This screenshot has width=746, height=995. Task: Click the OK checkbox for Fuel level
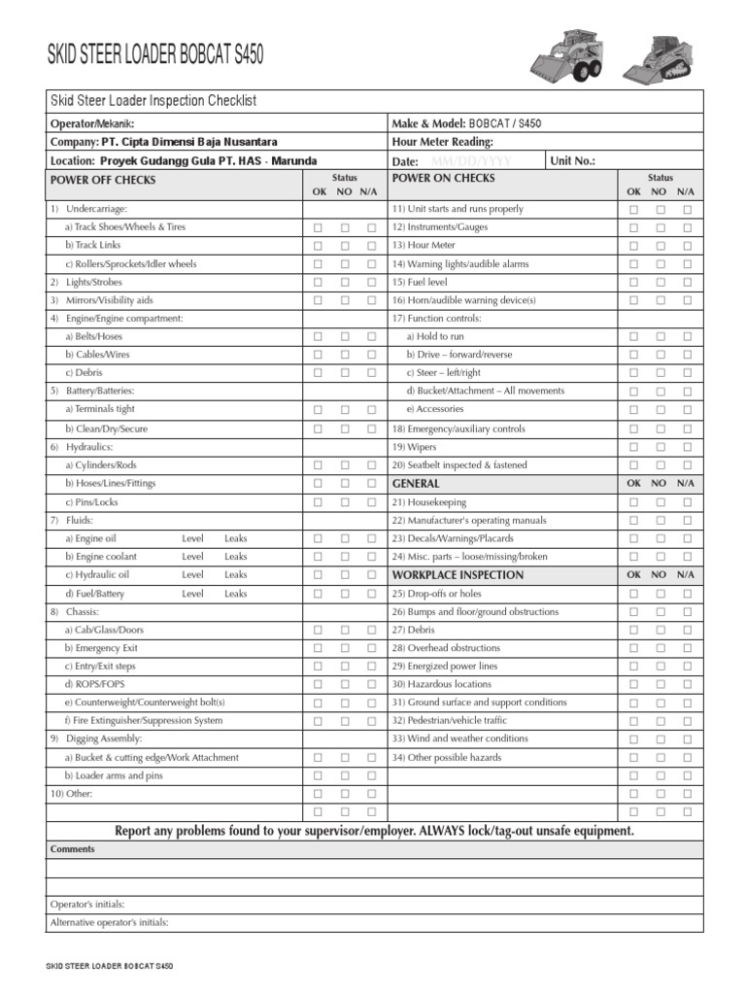tap(633, 282)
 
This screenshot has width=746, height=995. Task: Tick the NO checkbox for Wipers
tap(661, 447)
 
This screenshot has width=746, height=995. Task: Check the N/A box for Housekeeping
tap(688, 502)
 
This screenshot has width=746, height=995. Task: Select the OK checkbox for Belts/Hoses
tap(318, 336)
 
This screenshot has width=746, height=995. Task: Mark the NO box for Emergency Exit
tap(345, 648)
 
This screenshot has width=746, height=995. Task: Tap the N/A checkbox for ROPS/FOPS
tap(371, 684)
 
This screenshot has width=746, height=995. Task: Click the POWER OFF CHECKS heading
tap(102, 180)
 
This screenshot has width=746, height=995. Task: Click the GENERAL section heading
tap(416, 483)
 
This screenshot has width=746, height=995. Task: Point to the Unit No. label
tap(572, 161)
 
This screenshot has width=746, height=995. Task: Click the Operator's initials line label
tap(87, 904)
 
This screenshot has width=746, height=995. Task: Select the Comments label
tap(73, 849)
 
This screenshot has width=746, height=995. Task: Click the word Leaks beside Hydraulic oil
tap(236, 575)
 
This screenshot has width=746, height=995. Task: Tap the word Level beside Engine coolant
tap(192, 557)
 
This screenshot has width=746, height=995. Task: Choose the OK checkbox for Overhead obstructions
tap(633, 648)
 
